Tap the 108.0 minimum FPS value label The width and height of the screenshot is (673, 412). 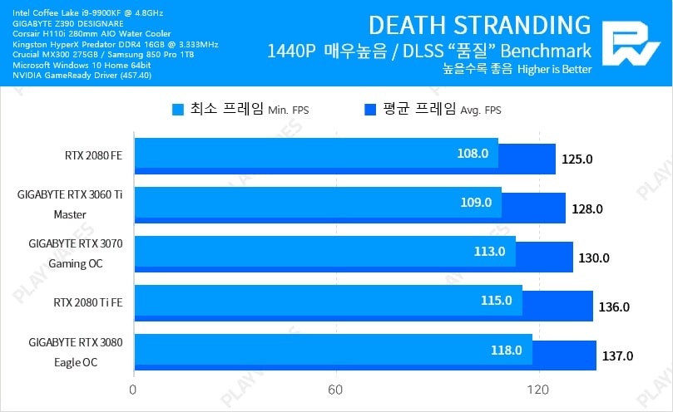coord(473,154)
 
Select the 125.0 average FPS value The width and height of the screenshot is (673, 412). coord(577,159)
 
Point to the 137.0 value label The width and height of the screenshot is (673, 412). coord(617,356)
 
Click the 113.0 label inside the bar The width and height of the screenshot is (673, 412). coord(490,252)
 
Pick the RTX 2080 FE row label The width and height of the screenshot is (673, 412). coord(93,155)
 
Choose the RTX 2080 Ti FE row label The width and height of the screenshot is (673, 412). coord(87,302)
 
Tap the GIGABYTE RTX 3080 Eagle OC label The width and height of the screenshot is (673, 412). coord(75,351)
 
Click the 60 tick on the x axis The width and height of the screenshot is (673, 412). coord(335,389)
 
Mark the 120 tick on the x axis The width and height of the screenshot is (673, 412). coord(538,389)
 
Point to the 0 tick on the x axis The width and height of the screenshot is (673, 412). coord(133,389)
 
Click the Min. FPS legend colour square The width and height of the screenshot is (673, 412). coord(177,109)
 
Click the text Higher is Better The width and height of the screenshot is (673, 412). coord(554,70)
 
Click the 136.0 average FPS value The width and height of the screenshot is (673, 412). coord(614,307)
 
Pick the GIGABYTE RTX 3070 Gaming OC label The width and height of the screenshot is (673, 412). coord(75,253)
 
